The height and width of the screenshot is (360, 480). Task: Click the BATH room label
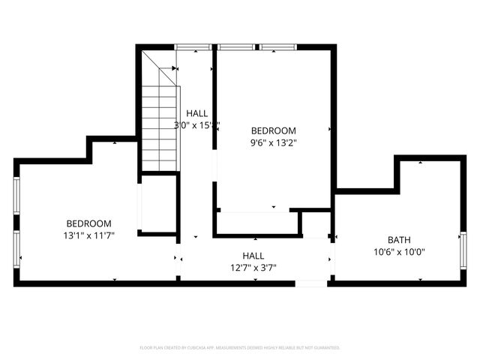tap(399, 240)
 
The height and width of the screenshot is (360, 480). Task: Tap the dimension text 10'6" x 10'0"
tap(399, 252)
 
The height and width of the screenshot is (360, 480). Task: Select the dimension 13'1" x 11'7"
tap(88, 235)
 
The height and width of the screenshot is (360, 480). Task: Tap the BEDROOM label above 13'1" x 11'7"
tap(88, 223)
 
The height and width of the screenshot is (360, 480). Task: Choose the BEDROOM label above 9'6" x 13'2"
tap(273, 130)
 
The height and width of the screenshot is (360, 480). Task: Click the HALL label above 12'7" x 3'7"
tap(253, 256)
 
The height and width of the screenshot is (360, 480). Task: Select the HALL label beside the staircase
tap(196, 114)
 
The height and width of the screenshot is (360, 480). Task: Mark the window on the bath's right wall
tap(463, 250)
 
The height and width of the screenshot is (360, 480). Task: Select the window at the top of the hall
tap(193, 47)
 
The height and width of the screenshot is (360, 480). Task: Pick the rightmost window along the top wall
tap(278, 47)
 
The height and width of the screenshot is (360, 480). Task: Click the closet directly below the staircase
tap(159, 204)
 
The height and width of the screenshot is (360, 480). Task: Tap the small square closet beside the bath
tap(315, 224)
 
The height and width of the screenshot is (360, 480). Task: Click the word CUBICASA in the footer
tap(196, 348)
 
